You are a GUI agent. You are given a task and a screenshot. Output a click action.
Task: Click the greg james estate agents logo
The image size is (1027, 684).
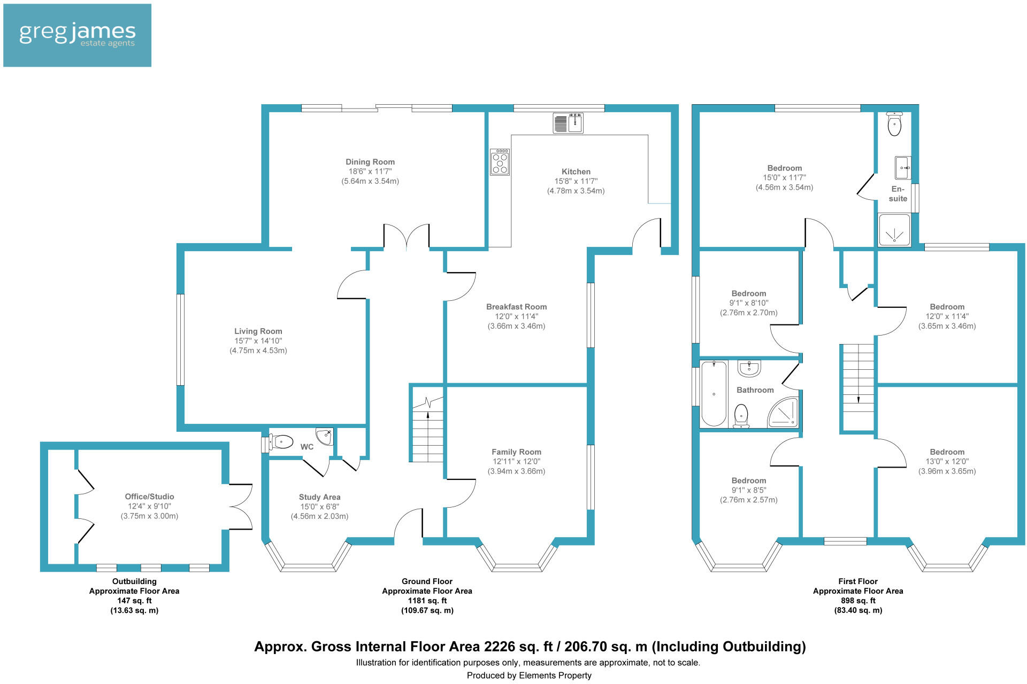click(77, 35)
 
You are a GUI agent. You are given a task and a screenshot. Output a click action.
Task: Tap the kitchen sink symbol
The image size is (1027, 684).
click(568, 123)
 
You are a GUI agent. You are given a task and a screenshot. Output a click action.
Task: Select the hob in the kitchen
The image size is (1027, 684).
click(500, 162)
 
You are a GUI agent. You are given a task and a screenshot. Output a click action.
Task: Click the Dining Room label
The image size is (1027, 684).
click(370, 162)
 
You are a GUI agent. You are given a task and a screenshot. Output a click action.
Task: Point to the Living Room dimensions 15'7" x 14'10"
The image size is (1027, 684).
click(258, 341)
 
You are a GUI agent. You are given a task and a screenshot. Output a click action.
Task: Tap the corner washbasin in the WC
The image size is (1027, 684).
click(324, 437)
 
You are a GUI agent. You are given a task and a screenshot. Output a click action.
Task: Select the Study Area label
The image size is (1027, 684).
click(319, 497)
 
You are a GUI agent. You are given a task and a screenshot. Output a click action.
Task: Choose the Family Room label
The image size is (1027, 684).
click(516, 452)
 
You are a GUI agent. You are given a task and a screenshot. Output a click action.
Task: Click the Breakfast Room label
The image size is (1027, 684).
click(516, 307)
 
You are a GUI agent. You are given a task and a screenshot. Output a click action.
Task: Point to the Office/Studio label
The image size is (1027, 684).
click(149, 496)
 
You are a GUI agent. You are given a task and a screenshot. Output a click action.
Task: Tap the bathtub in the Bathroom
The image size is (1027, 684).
click(714, 394)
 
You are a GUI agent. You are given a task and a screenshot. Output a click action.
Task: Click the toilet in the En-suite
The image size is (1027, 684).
click(894, 124)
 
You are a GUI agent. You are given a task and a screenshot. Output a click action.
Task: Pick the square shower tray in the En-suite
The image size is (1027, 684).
click(894, 230)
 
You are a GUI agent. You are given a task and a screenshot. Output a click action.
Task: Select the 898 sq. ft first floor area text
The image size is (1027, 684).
click(858, 601)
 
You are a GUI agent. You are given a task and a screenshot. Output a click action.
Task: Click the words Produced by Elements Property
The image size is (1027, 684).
click(529, 675)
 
